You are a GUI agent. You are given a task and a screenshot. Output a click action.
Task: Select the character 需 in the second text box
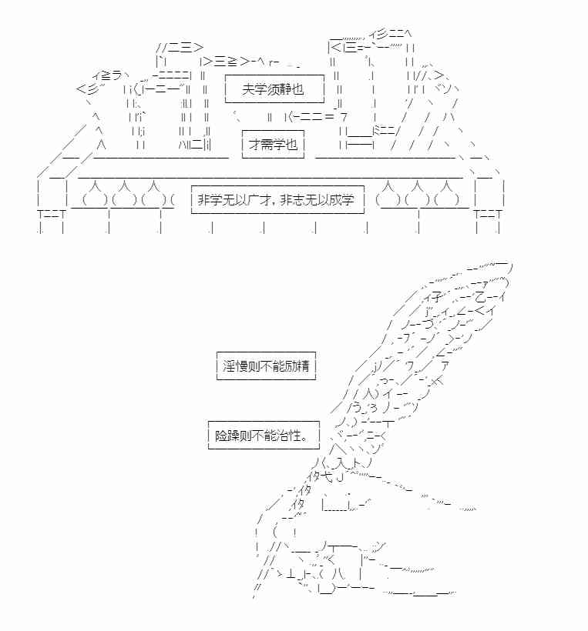click(267, 144)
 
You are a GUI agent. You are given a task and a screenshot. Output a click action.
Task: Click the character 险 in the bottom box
click(221, 435)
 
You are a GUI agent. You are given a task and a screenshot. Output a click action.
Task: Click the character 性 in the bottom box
click(295, 435)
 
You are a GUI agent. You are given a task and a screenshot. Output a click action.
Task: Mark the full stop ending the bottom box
click(305, 439)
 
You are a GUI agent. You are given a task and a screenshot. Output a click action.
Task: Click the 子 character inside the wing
click(436, 298)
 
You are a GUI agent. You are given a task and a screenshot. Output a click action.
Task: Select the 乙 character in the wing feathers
click(481, 297)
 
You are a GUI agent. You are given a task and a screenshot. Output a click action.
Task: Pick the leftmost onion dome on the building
click(95, 194)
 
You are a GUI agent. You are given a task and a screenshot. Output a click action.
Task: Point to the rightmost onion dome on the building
click(445, 194)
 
